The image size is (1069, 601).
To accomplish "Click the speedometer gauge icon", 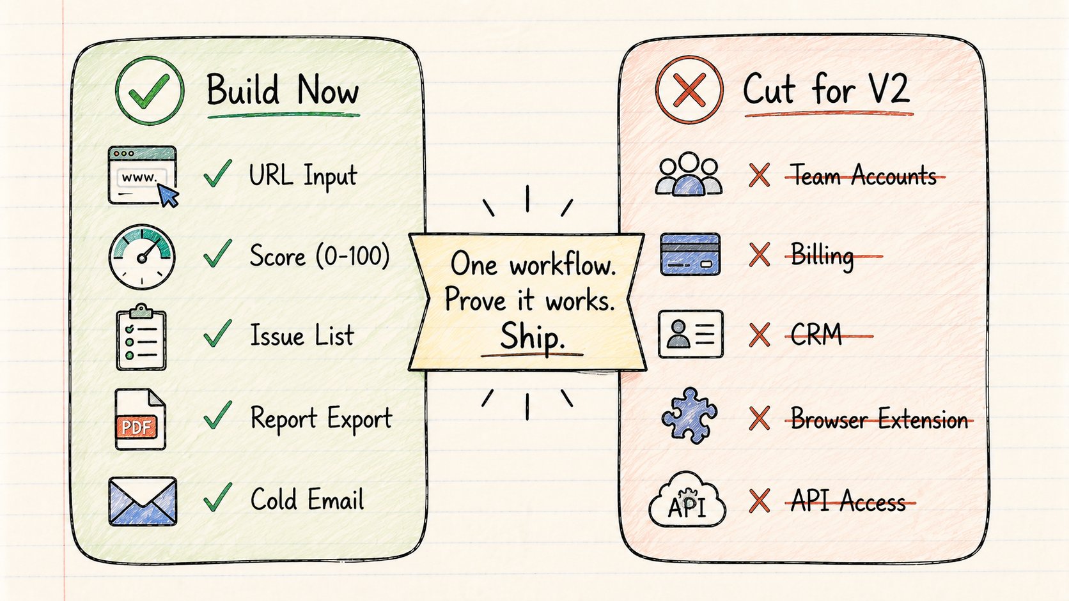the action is (142, 257).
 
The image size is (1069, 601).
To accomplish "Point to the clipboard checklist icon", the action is (141, 337).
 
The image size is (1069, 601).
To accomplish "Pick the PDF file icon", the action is (140, 420).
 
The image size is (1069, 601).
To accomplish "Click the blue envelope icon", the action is (143, 501).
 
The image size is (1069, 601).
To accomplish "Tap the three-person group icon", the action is (689, 174).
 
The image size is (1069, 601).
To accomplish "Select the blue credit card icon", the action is (690, 254).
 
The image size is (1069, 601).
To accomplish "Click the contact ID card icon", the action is (691, 334).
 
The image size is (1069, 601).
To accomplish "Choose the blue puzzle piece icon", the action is (689, 416).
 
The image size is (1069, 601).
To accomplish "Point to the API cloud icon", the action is (687, 499).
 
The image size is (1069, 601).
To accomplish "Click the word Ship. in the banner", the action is (532, 336).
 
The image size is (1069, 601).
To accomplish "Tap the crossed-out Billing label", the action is (822, 256).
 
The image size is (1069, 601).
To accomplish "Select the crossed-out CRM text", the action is (816, 335).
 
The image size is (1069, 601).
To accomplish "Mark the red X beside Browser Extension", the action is (759, 418).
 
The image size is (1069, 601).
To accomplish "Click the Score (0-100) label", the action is (319, 255).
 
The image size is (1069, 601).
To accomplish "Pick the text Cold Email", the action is (308, 499).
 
